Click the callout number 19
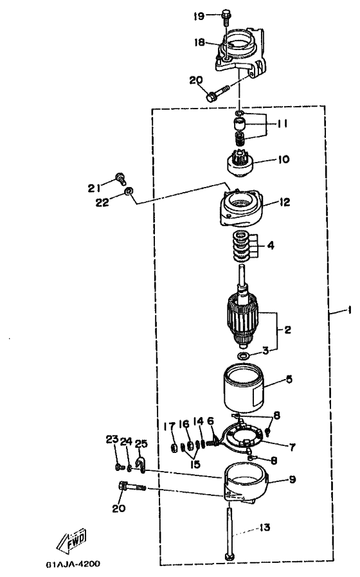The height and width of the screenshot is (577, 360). tap(199, 16)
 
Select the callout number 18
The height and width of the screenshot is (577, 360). tap(199, 42)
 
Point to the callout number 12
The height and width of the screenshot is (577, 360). tap(285, 202)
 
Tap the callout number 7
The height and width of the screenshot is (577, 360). tap(292, 447)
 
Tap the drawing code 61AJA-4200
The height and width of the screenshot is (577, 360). tap(73, 564)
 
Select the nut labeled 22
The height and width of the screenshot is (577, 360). tap(129, 191)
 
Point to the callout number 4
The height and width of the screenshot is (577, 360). tap(271, 245)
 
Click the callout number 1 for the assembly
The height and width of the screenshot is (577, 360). tap(348, 311)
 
